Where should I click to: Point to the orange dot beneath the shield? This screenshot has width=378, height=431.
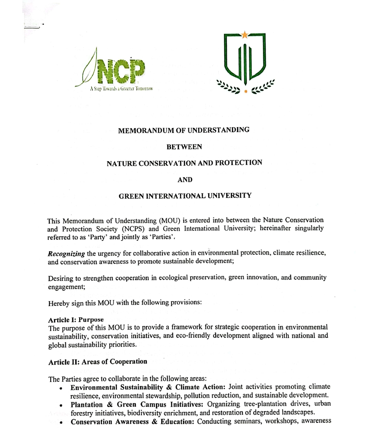pos(246,91)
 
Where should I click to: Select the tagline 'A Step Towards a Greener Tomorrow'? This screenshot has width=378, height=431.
pos(121,89)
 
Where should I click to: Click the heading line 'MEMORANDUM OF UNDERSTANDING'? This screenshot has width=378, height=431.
pos(184,130)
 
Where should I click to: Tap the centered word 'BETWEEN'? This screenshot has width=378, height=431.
pos(184,147)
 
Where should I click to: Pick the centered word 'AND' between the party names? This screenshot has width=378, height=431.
pos(184,179)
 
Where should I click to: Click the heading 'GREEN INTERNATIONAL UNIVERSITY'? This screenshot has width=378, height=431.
pos(185,196)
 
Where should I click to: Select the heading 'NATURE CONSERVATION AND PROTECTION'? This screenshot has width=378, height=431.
pos(184,163)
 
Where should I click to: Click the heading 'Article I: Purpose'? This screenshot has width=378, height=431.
pos(76,320)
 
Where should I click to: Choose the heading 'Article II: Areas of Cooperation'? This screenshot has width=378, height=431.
pos(97,362)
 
